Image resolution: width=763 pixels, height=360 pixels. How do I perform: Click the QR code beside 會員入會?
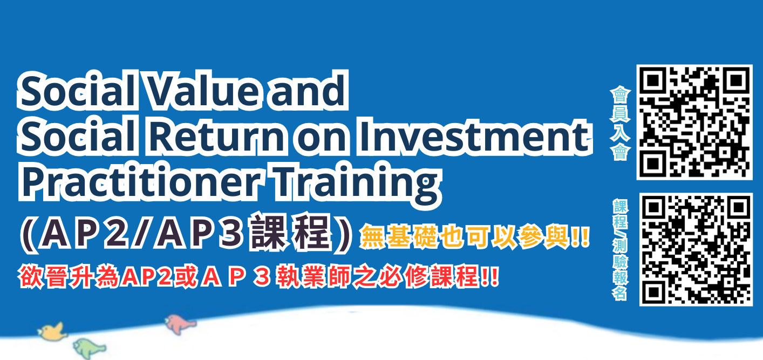[x=695, y=122]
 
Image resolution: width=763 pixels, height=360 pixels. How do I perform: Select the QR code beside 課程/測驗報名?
[x=696, y=249]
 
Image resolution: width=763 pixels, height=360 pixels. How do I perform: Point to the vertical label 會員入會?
[x=619, y=124]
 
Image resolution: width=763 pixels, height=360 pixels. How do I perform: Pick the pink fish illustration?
[x=180, y=323]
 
